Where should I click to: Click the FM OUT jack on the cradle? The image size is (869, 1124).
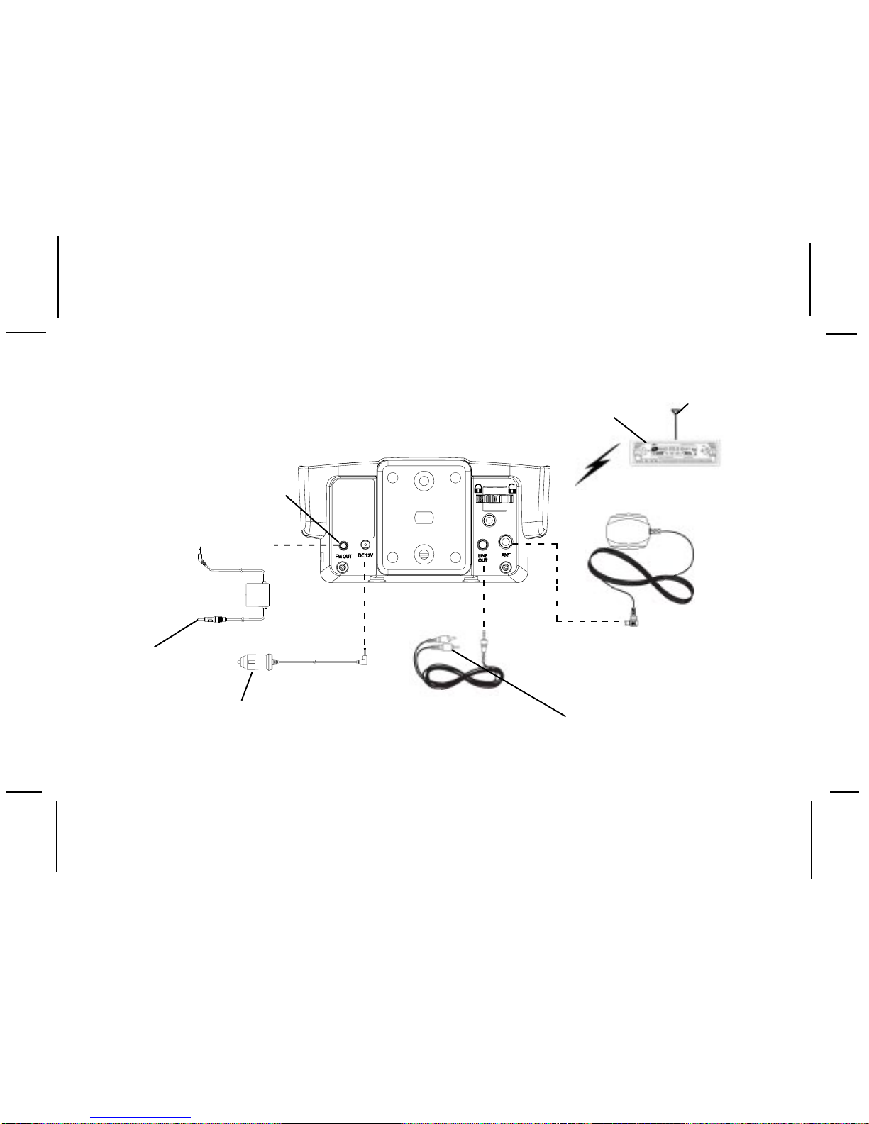[x=343, y=546]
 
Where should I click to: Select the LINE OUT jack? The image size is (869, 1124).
[x=482, y=545]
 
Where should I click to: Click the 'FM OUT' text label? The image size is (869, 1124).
[x=343, y=557]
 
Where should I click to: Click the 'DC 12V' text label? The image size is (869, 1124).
[x=366, y=555]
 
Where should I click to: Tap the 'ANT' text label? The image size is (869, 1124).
[x=506, y=555]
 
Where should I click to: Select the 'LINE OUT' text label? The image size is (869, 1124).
[x=482, y=558]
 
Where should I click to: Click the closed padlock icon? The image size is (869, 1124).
[x=479, y=488]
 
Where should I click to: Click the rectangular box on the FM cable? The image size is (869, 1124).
[x=259, y=594]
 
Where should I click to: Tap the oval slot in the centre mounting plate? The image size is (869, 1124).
[x=424, y=517]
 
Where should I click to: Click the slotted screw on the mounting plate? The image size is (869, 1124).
[x=424, y=551]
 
